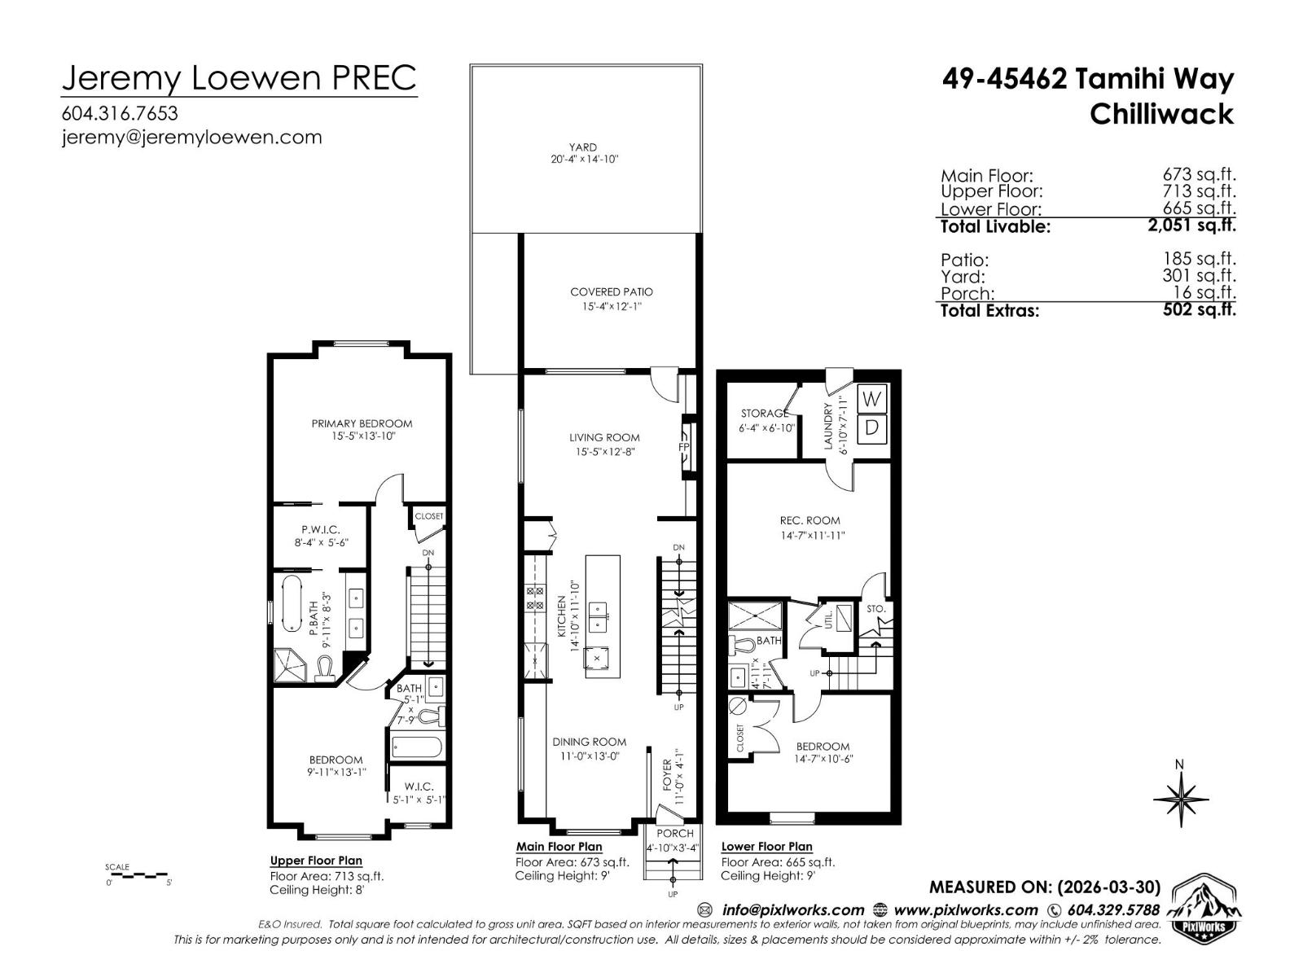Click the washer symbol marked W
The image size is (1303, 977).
pyautogui.click(x=871, y=400)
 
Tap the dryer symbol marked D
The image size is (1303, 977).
pyautogui.click(x=871, y=428)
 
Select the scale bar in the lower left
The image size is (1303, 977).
pyautogui.click(x=137, y=876)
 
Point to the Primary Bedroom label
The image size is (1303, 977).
pyautogui.click(x=362, y=423)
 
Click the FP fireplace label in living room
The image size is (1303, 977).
pyautogui.click(x=684, y=447)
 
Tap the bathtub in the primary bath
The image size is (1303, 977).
pyautogui.click(x=291, y=603)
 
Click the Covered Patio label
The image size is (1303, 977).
pyautogui.click(x=611, y=291)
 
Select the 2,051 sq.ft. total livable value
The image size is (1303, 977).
pyautogui.click(x=1191, y=226)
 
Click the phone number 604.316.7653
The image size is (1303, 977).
pyautogui.click(x=119, y=113)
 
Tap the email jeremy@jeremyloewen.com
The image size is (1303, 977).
pyautogui.click(x=191, y=137)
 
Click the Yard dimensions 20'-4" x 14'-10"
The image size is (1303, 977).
pyautogui.click(x=584, y=160)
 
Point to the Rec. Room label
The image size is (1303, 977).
pyautogui.click(x=809, y=520)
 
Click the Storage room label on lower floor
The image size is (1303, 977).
pyautogui.click(x=764, y=414)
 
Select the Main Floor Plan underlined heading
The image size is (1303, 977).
pyautogui.click(x=559, y=847)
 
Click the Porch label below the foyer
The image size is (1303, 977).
pyautogui.click(x=674, y=833)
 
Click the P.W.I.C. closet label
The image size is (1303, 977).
pyautogui.click(x=321, y=529)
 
